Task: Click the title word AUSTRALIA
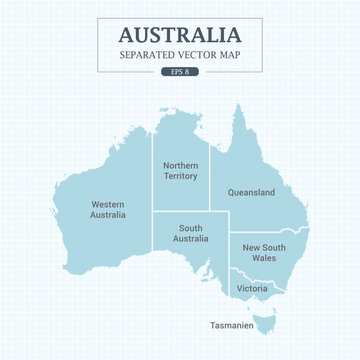coord(180,34)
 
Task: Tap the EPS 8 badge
coord(180,73)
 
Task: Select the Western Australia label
coord(107,208)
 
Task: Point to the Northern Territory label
coord(181,169)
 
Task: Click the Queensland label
coord(251,192)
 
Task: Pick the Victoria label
coord(251,288)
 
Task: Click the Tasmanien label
coord(232,325)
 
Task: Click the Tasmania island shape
coord(266,321)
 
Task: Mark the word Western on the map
coord(107,201)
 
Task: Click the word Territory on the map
coord(181,176)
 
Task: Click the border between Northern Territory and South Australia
coord(181,211)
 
